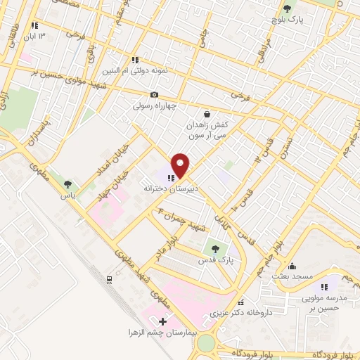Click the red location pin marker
181,165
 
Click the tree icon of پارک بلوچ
286,8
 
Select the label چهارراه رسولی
154,107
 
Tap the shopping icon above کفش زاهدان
207,114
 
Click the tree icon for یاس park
67,184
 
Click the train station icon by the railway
109,280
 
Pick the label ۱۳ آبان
37,36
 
